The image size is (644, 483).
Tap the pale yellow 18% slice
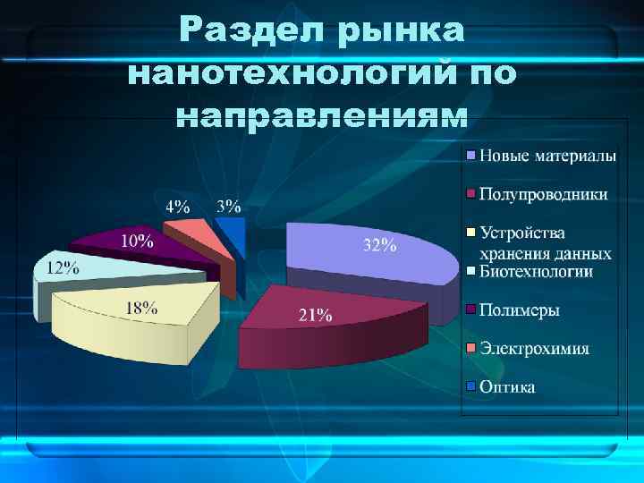pos(134,313)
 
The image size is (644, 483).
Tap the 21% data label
pos(315,315)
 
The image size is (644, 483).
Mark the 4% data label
pos(176,207)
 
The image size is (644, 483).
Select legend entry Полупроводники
pos(543,194)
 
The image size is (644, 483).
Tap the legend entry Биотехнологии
pos(536,271)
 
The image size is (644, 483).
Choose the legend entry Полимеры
pos(520,310)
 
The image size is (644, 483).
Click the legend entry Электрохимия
pos(534,349)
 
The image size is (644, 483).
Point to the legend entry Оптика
pos(507,387)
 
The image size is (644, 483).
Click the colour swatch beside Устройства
pos(470,233)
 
